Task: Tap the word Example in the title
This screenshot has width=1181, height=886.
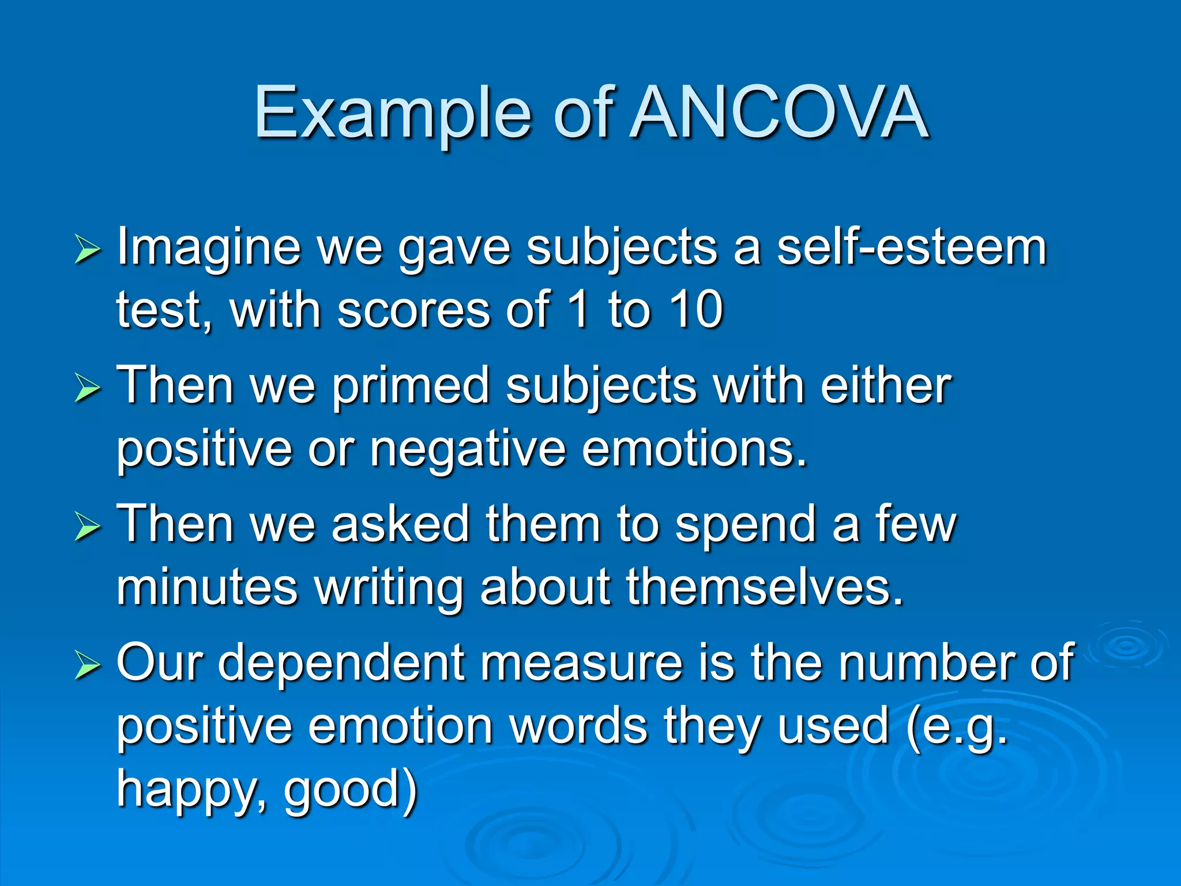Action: tap(392, 112)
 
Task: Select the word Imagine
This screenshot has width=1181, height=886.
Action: tap(209, 248)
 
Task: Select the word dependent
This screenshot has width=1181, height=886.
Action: tap(341, 663)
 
